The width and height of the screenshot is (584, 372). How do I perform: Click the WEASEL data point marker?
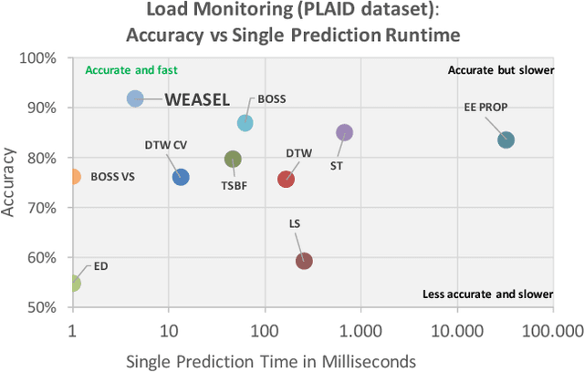134,98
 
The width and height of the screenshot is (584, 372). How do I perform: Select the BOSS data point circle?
245,123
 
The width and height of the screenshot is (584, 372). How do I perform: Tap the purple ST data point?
344,133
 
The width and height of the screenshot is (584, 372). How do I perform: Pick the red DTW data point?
286,180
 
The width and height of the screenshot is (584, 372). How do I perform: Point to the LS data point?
304,261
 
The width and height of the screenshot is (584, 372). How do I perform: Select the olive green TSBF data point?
233,160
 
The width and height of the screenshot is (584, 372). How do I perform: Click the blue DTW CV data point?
181,177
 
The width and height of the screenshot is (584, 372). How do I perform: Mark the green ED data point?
73,284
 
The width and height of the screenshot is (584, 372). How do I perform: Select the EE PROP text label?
485,107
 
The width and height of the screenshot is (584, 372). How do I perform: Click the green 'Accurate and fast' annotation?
131,70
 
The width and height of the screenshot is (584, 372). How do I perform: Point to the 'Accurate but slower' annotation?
500,70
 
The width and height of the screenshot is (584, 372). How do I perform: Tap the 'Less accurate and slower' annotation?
488,294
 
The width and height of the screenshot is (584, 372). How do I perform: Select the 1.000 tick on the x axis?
360,328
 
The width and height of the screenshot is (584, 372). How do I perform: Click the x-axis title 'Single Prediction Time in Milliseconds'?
271,359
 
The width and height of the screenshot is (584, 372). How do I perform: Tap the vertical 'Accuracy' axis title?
12,181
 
